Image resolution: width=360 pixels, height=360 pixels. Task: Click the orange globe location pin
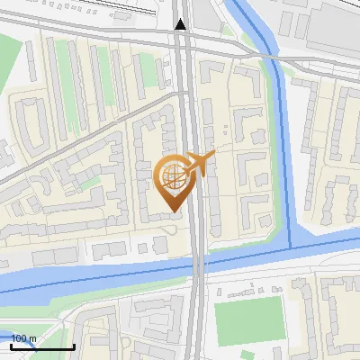click(172, 180)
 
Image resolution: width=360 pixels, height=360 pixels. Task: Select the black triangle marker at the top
click(181, 24)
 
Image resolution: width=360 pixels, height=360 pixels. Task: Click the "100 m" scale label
click(23, 338)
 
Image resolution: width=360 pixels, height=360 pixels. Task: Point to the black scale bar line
click(41, 346)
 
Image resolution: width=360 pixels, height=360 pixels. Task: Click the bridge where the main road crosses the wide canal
click(197, 263)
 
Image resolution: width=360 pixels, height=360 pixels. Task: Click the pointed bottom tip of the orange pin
click(172, 211)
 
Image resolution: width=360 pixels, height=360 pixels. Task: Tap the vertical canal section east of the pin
click(286, 162)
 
